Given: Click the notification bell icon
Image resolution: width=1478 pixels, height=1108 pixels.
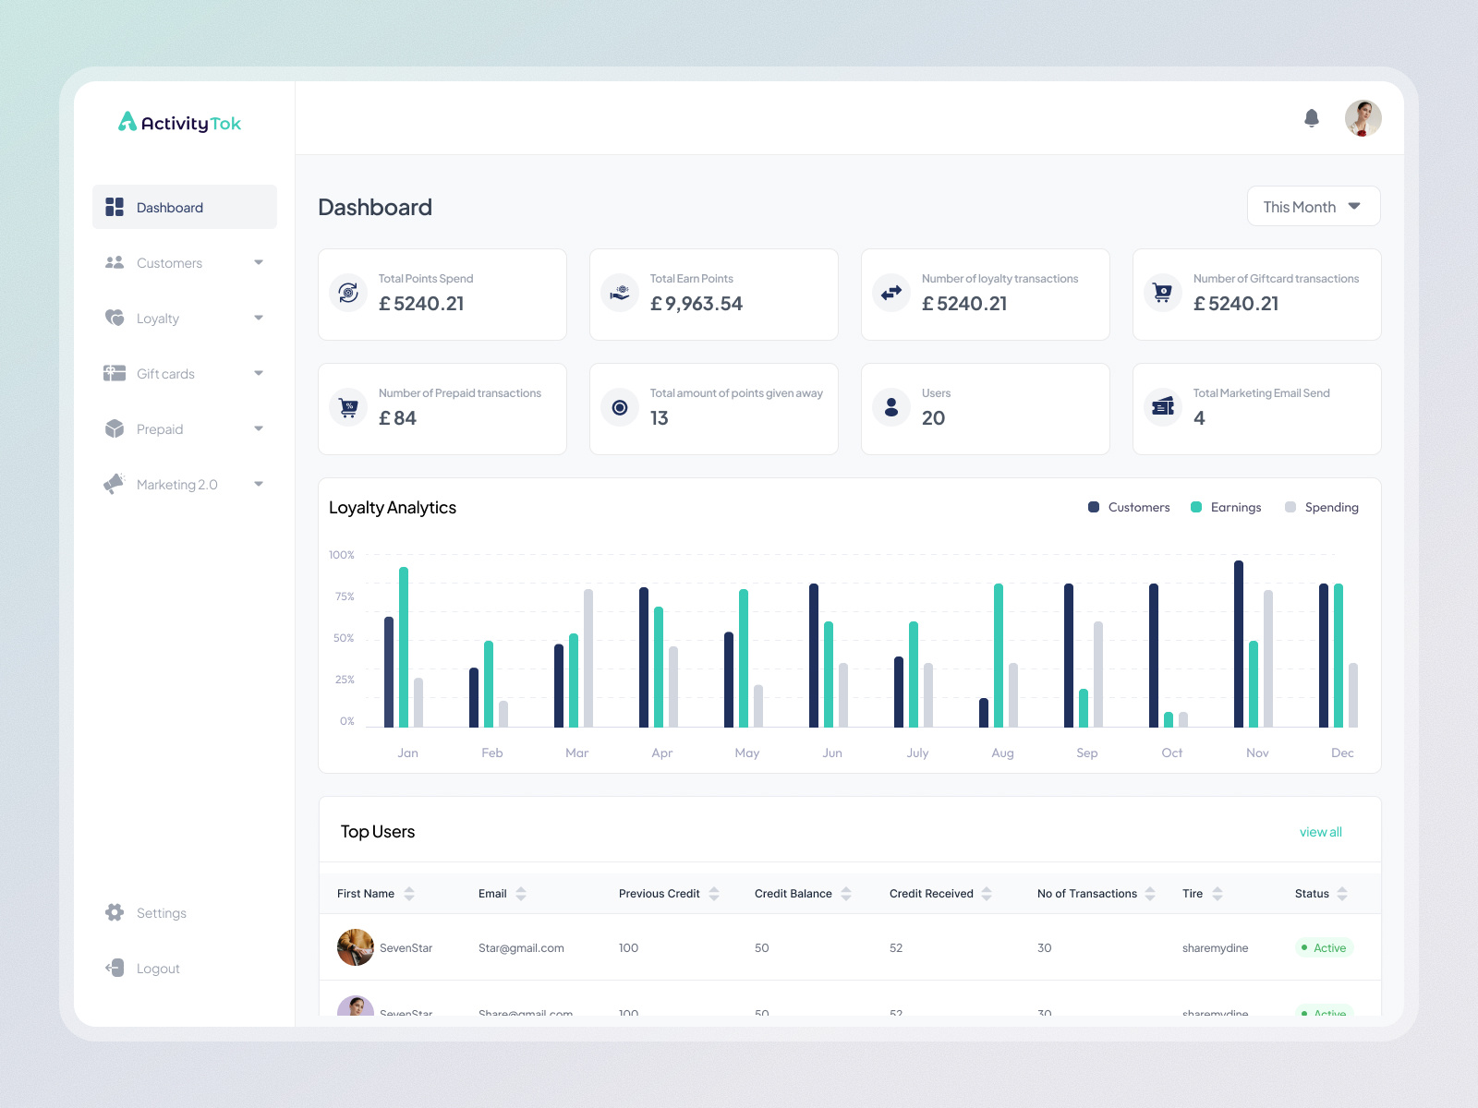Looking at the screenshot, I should [1312, 118].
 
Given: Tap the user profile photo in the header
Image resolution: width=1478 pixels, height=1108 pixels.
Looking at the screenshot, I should [1363, 118].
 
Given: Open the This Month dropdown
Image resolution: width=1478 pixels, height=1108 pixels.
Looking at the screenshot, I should [1313, 207].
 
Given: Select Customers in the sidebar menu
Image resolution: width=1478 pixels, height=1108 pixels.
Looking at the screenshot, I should [169, 263].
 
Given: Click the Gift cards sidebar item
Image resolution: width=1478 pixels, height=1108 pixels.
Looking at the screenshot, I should [165, 374].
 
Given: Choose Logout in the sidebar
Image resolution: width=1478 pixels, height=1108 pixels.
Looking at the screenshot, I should [158, 969].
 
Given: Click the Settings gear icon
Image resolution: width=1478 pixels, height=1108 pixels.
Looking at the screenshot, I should [115, 912].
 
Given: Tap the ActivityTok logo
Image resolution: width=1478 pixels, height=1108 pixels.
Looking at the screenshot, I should [180, 123].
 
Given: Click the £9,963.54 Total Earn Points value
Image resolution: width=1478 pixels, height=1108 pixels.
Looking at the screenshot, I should [697, 304].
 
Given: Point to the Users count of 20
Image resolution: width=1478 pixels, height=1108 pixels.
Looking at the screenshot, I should [933, 418].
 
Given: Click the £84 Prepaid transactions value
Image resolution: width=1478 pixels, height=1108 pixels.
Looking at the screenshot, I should [398, 418].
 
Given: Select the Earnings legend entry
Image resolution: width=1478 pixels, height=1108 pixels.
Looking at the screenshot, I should [1226, 507].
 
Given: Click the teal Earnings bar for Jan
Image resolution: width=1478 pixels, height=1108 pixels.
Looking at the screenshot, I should [404, 646].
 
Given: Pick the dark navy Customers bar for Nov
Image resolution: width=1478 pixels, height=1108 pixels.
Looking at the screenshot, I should [1239, 644].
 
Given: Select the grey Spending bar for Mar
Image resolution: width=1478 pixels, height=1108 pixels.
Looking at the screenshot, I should [588, 657].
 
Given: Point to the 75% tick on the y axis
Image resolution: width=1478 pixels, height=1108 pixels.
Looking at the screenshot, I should [345, 596].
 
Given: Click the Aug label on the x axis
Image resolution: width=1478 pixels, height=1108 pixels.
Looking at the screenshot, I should [1002, 753].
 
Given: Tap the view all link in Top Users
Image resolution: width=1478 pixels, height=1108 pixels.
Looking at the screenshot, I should [1320, 832].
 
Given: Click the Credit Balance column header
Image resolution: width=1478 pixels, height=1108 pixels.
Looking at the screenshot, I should [793, 893].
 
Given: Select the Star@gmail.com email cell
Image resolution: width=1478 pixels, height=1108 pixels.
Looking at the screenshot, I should [521, 948].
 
